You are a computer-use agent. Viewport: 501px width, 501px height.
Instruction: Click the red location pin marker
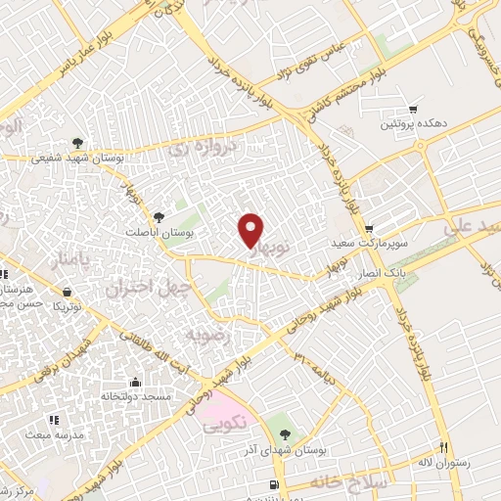(251, 229)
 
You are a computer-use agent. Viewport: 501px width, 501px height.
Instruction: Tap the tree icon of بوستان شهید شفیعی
(75, 141)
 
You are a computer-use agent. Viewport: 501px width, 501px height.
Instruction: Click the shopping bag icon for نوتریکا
(67, 291)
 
